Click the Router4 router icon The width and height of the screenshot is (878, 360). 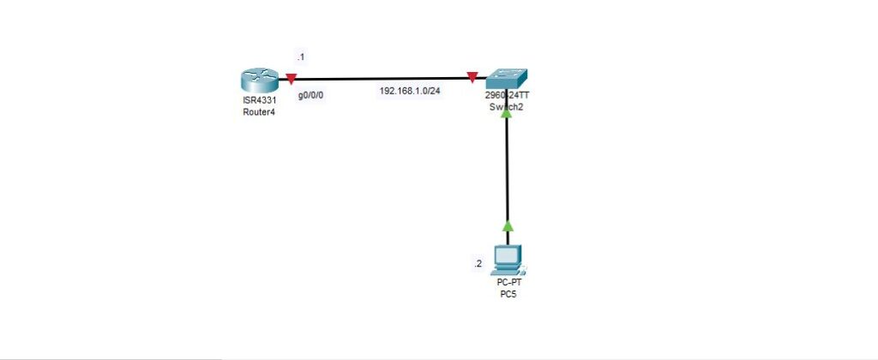pos(256,83)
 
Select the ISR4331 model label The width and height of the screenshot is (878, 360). pos(258,102)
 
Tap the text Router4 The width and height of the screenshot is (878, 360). pos(258,112)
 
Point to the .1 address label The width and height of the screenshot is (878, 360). pos(300,57)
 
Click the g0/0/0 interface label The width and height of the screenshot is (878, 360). pos(310,96)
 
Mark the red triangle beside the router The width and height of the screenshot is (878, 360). pos(292,80)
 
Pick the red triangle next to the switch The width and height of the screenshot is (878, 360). pos(472,79)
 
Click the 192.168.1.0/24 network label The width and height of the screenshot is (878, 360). pos(410,91)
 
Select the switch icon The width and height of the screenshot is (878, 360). pos(507,80)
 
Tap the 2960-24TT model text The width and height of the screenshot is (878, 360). pos(507,95)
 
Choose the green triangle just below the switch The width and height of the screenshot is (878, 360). pos(507,111)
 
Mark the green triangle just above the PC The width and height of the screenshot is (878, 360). pos(507,226)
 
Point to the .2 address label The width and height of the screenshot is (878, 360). pos(478,264)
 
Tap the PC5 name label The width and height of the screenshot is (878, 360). pos(508,294)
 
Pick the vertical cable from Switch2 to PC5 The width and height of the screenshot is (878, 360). pos(507,171)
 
